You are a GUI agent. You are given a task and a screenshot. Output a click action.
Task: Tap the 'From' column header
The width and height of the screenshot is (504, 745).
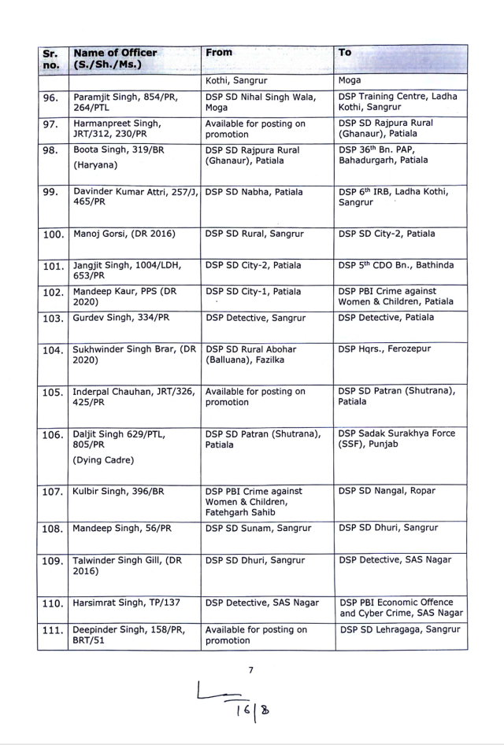click(219, 52)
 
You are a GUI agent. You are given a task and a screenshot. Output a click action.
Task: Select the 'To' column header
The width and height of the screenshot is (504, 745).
click(345, 52)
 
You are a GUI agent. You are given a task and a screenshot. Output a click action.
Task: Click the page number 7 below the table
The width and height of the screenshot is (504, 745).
click(250, 670)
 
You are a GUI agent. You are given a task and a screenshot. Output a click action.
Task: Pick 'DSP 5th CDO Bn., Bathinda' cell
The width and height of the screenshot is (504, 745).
click(396, 265)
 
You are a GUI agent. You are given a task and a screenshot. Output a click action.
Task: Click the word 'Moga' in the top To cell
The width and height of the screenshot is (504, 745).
click(350, 80)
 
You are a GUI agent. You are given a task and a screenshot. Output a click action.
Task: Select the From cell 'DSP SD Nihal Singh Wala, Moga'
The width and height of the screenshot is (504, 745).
click(261, 101)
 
